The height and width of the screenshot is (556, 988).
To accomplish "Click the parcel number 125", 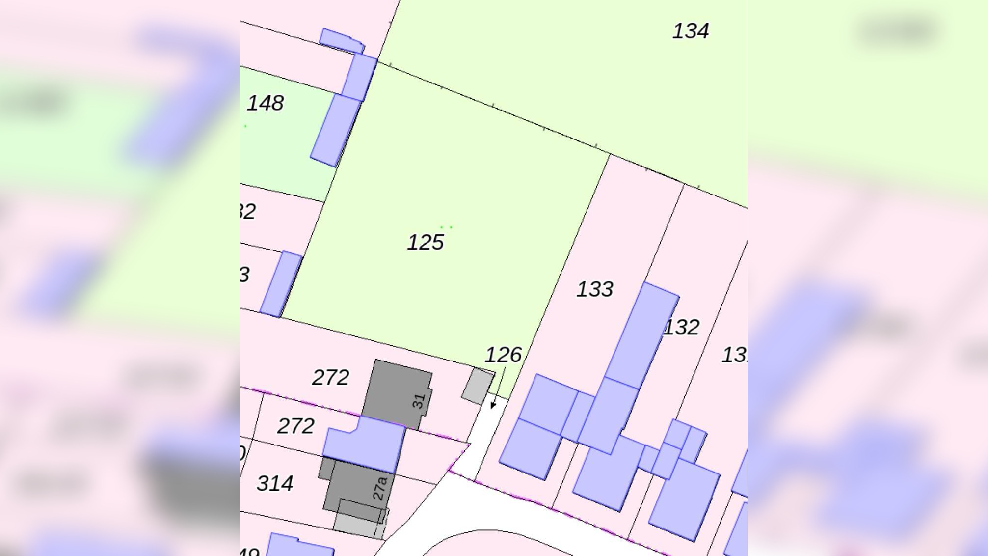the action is pos(426,243).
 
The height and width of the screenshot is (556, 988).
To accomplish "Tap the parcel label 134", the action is pos(690,31).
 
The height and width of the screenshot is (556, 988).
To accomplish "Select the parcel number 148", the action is pos(265,103).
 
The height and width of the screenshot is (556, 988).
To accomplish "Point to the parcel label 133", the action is pos(594,289).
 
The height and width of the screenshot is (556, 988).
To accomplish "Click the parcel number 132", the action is pos(681,328).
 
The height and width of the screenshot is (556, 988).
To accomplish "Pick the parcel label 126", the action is pos(503,355).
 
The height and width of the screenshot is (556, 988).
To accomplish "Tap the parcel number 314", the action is pos(275,484).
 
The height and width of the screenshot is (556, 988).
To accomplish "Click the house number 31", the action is pos(419,401).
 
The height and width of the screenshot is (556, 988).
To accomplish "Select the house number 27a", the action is pos(379,488).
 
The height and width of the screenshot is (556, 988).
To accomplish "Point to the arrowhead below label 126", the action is pos(493,405).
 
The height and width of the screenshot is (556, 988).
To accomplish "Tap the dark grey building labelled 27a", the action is pos(356,491).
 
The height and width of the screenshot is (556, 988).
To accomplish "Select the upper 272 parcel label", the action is pos(330,378).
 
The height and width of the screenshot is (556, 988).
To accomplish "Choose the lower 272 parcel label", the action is pos(295,426).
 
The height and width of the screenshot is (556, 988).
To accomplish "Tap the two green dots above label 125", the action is pos(446,227).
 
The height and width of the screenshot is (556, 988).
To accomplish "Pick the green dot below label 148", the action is pos(245,126).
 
